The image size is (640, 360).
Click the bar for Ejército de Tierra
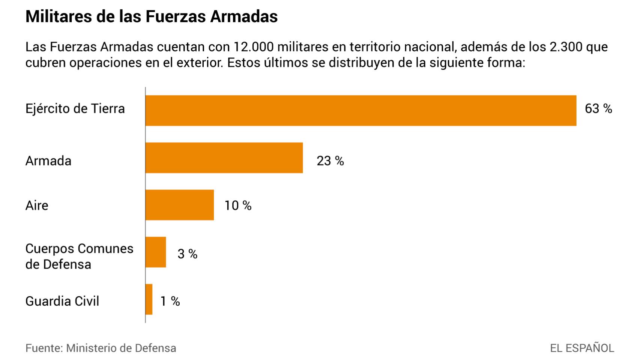360,110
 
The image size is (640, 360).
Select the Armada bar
224,157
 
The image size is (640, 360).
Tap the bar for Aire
179,205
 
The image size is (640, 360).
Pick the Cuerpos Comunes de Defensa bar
156,252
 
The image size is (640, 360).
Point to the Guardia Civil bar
149,299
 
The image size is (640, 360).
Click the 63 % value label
598,109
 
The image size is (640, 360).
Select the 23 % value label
330,161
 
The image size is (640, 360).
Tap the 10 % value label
237,205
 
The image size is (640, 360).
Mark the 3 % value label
187,254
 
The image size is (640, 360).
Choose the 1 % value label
170,301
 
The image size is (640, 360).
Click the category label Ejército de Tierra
75,109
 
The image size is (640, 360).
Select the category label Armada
48,161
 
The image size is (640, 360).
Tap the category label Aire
37,205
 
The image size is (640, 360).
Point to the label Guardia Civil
62,301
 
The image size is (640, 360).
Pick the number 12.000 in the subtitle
254,47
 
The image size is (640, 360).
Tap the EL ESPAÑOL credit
581,348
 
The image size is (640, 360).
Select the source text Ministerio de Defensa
121,348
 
